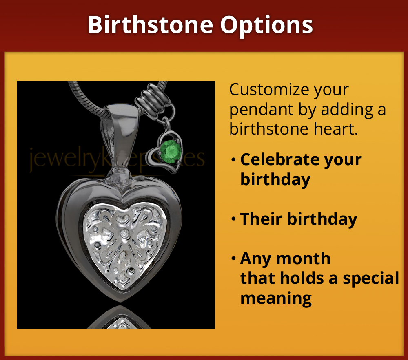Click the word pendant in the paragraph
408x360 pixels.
[261, 110]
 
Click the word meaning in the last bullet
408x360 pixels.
[276, 298]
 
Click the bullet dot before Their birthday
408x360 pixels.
[233, 219]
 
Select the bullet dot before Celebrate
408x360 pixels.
[233, 160]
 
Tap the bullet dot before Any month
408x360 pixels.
[233, 258]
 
